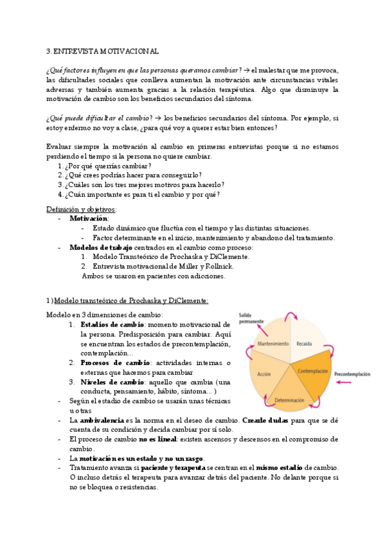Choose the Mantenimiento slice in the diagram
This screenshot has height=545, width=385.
(273, 344)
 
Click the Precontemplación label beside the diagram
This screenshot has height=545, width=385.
(352, 373)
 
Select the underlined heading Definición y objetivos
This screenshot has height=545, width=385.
(81, 210)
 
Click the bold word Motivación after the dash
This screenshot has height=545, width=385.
(89, 219)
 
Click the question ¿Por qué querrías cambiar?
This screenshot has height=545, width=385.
(107, 166)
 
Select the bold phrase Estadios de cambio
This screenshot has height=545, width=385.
(107, 325)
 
